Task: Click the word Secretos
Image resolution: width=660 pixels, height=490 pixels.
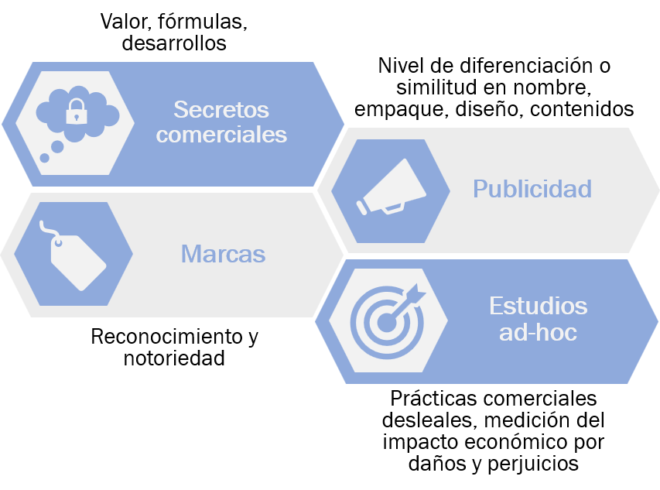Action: [x=221, y=108]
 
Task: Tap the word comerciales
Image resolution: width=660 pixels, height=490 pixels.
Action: [x=221, y=135]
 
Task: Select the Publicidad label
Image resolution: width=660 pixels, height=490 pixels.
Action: [x=532, y=189]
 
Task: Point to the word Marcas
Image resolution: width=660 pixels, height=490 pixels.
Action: [x=223, y=254]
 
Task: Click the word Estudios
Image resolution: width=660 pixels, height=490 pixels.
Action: [x=538, y=306]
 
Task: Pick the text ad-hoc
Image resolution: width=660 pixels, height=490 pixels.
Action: [x=538, y=334]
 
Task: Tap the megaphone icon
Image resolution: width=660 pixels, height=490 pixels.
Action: [x=391, y=188]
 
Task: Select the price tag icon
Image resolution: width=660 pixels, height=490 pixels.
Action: [x=77, y=259]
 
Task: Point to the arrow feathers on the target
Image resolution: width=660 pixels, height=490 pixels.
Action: [x=417, y=292]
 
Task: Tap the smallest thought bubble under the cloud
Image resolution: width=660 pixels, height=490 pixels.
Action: [x=45, y=158]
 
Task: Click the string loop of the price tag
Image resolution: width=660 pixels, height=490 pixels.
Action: [x=48, y=228]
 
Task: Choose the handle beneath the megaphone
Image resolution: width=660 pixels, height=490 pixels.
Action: [x=393, y=207]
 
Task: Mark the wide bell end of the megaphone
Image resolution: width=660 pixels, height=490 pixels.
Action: [x=413, y=179]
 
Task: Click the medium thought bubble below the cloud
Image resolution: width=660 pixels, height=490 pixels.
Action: [x=57, y=146]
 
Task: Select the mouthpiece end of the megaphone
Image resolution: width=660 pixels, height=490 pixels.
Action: [x=362, y=207]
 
